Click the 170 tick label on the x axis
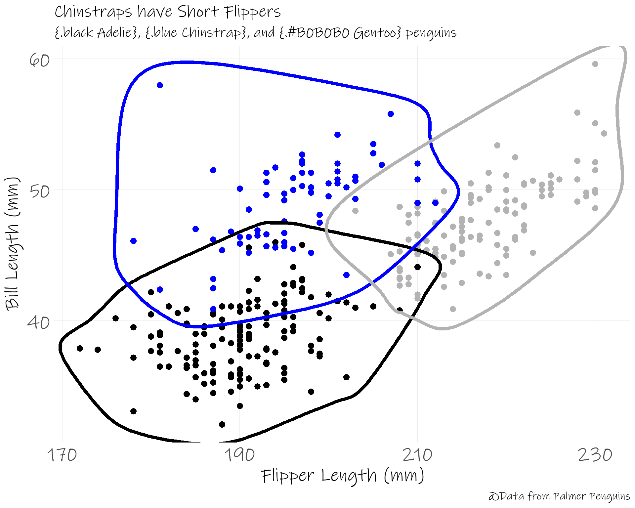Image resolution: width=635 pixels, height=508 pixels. coord(62,455)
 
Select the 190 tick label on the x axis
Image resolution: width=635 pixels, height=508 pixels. coord(240,455)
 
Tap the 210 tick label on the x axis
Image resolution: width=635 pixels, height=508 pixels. coord(417,455)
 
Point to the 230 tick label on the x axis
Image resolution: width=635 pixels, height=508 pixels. coord(595,455)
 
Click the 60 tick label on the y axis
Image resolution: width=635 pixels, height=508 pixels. coord(40,60)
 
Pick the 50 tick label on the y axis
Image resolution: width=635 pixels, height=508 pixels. coord(40,191)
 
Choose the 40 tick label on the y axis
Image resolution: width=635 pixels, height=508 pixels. coord(39,322)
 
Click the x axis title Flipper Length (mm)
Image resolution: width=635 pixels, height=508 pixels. coord(343,476)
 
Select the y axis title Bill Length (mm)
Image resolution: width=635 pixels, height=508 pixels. coord(13,244)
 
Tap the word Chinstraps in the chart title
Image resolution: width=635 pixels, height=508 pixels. coord(93,13)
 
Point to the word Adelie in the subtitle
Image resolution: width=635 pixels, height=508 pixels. coord(114,33)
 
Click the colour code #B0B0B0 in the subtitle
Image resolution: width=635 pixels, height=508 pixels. coord(319,33)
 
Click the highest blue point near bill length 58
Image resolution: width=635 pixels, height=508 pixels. coord(160,85)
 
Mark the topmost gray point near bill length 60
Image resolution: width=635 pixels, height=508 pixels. coord(595,64)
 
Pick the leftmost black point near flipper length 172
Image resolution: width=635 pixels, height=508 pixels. coord(80,349)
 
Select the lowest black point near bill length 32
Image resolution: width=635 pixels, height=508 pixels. coord(222,424)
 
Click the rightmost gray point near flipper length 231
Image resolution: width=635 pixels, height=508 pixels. coord(604,134)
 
